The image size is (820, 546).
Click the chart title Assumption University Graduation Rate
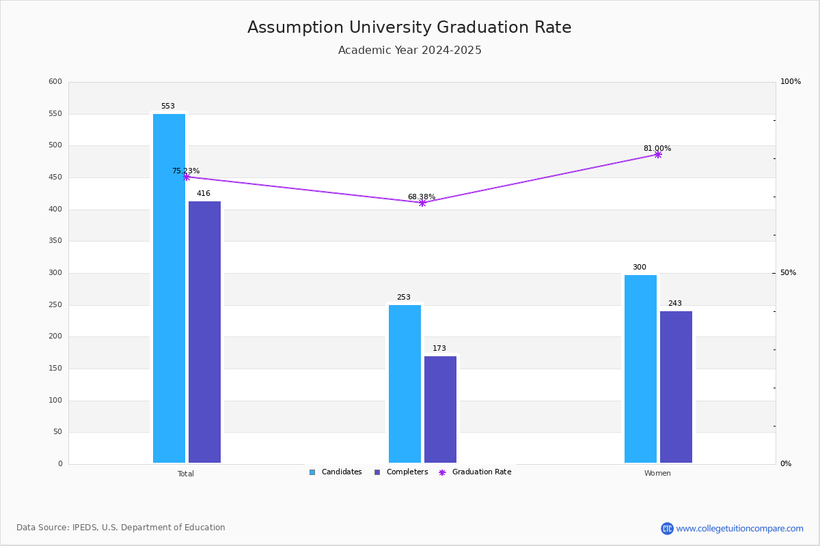[409, 28]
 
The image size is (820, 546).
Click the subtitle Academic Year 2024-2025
[409, 51]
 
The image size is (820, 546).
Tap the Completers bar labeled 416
[204, 332]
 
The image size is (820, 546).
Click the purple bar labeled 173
[440, 409]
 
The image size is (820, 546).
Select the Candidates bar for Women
[640, 369]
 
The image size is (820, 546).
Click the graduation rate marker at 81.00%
[657, 154]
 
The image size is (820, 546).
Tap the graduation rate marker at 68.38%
[422, 203]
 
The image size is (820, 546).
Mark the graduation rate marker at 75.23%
[186, 177]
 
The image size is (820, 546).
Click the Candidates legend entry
[336, 472]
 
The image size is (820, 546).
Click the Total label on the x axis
[186, 474]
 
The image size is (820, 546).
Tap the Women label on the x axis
[657, 474]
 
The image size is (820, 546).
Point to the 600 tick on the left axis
[55, 82]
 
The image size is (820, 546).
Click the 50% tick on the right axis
[788, 273]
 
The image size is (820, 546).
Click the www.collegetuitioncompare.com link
[739, 528]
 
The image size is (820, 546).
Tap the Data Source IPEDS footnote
[121, 528]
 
